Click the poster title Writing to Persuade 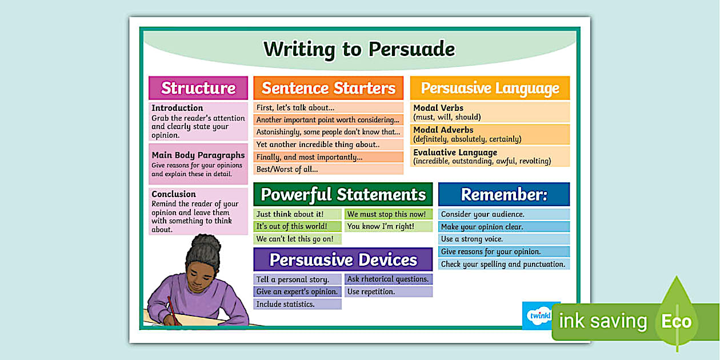pos(359,49)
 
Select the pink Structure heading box pos(198,88)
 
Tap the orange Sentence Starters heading pos(329,88)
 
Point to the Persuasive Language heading pos(490,88)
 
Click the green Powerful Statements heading pos(343,194)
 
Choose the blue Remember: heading pos(504,194)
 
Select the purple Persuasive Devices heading pos(343,259)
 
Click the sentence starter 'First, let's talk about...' pos(295,107)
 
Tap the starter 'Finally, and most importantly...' pos(309,157)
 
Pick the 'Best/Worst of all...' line pos(287,169)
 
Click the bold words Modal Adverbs pos(443,130)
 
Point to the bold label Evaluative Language pos(455,153)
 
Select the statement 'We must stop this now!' pos(387,214)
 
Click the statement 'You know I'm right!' pos(381,226)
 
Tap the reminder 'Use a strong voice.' pos(472,239)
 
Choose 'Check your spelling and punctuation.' pos(503,264)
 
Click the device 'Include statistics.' pos(285,304)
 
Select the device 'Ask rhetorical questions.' pos(388,279)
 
